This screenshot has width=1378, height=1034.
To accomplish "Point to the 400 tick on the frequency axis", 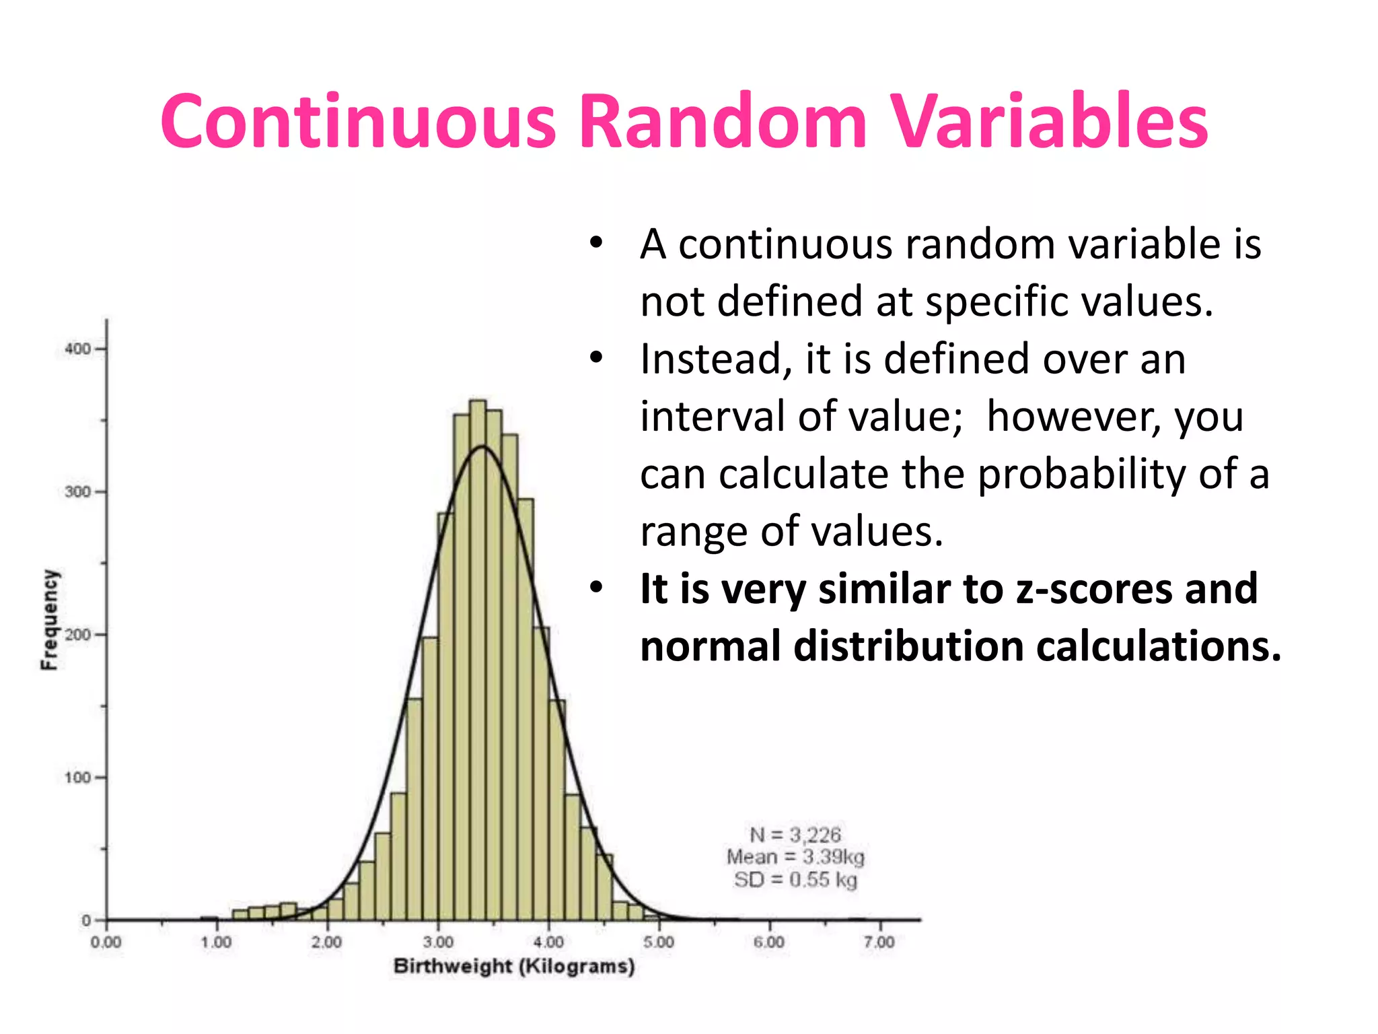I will (x=77, y=349).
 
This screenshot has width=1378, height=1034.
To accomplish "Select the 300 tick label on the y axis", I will (x=77, y=491).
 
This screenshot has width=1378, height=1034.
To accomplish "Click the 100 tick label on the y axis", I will (x=77, y=778).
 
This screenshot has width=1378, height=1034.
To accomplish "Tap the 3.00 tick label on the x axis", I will (x=438, y=942).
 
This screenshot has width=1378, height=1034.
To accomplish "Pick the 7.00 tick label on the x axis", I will (x=879, y=942).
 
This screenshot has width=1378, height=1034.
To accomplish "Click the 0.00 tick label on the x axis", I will (x=106, y=942).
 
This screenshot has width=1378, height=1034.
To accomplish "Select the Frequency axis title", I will (x=49, y=619).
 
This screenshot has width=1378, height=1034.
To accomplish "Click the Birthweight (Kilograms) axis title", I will (x=514, y=967).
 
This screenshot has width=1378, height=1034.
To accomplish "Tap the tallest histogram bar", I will (x=478, y=660).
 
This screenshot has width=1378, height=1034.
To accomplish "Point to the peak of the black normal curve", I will (x=482, y=446).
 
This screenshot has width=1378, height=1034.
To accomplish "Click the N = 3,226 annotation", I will (x=795, y=835).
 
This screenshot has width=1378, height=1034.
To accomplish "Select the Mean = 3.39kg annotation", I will (x=795, y=857).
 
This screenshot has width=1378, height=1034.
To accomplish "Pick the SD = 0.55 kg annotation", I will (x=795, y=880).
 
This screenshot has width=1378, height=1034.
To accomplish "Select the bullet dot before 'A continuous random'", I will (x=596, y=244).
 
